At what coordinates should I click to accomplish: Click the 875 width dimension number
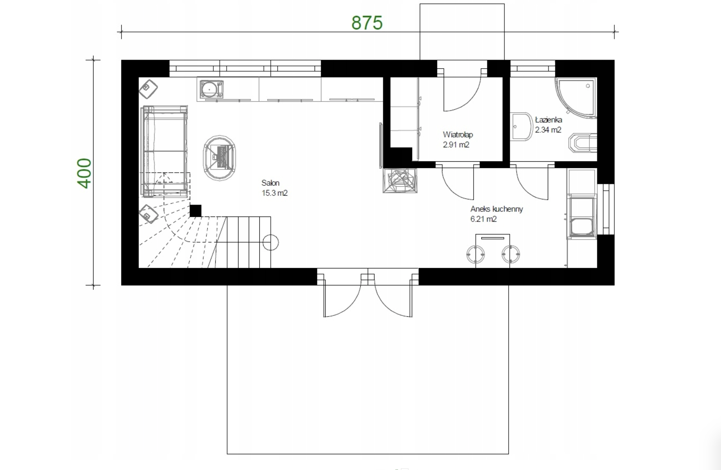(x=367, y=23)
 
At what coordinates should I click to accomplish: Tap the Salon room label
(x=270, y=183)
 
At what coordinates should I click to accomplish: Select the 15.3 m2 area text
(x=274, y=193)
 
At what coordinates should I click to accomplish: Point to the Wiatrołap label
(x=458, y=135)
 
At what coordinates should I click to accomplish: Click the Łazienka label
(x=548, y=120)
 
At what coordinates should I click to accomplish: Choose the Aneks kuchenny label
(x=496, y=209)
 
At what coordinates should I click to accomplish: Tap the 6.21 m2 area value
(x=483, y=219)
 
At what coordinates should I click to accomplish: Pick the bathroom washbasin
(x=522, y=127)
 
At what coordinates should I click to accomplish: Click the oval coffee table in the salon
(x=220, y=158)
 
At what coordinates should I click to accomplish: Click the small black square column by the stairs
(x=195, y=211)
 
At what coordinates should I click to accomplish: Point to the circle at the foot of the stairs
(x=271, y=242)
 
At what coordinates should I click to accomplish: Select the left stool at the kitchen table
(x=475, y=254)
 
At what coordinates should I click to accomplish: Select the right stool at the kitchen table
(x=511, y=254)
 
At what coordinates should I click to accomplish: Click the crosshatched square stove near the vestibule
(x=400, y=181)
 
